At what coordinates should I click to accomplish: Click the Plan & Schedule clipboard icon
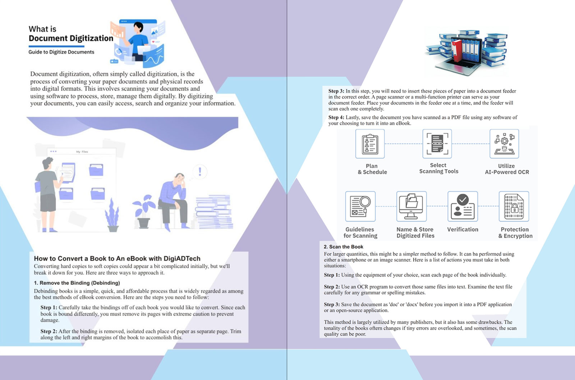pyautogui.click(x=370, y=144)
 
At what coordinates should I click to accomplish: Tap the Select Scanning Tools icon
pyautogui.click(x=437, y=144)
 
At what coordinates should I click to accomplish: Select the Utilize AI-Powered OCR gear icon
pyautogui.click(x=504, y=144)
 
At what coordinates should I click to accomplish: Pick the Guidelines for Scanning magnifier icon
pyautogui.click(x=360, y=206)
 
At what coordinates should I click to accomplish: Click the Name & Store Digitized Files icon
pyautogui.click(x=411, y=206)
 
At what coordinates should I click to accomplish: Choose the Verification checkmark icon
pyautogui.click(x=463, y=206)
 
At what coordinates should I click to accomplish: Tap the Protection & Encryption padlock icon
pyautogui.click(x=514, y=206)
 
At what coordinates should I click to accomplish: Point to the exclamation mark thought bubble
pyautogui.click(x=200, y=172)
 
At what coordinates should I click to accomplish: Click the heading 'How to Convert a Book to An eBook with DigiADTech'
pyautogui.click(x=117, y=258)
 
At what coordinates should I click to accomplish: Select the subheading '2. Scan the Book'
pyautogui.click(x=344, y=247)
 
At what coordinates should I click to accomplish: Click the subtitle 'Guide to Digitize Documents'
pyautogui.click(x=61, y=52)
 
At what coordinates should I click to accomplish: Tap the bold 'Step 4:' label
pyautogui.click(x=336, y=117)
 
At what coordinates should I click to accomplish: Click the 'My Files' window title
pyautogui.click(x=82, y=152)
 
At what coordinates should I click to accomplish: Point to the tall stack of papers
pyautogui.click(x=214, y=212)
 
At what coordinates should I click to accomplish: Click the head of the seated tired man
pyautogui.click(x=180, y=179)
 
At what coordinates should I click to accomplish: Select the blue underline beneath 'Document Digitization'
pyautogui.click(x=56, y=46)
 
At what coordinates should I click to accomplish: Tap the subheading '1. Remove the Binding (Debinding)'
pyautogui.click(x=77, y=283)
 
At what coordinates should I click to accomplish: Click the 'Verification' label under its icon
pyautogui.click(x=463, y=230)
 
